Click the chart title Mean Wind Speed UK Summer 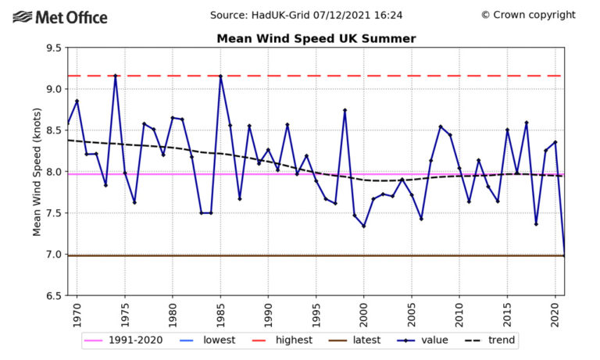point(316,38)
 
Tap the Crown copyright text point(528,15)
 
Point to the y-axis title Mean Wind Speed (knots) point(37,172)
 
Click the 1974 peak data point point(116,76)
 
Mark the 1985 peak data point point(221,76)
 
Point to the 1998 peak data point point(345,110)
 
